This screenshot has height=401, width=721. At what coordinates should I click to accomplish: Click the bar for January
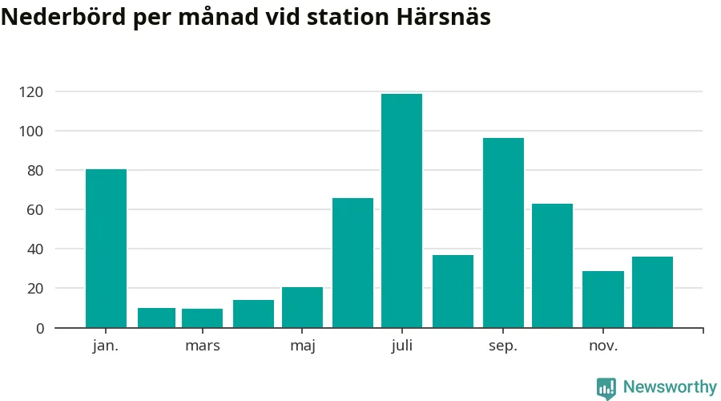coord(106,249)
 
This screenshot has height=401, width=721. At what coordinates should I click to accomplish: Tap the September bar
coord(503,233)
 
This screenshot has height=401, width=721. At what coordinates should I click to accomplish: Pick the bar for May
coord(302,307)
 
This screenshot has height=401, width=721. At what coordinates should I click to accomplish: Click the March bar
coord(202,318)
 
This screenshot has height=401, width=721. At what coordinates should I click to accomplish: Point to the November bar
coord(602,299)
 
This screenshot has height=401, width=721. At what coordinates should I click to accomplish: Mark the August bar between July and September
coord(453,291)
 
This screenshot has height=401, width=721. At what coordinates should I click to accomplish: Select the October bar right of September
coord(552,265)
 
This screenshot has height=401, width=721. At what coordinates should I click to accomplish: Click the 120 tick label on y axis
coord(31,92)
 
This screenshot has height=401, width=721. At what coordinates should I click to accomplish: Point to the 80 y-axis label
coord(34,171)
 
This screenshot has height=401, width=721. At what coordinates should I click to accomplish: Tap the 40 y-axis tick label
coord(34,249)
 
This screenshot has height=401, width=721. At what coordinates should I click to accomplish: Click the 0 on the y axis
coord(38,328)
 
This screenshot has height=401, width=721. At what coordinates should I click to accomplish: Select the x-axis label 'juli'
coord(401,346)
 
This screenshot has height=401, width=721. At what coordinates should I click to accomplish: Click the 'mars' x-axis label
coord(202,346)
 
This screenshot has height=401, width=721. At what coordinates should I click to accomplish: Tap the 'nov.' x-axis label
coord(602,346)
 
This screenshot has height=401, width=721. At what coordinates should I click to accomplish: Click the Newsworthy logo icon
coord(606,388)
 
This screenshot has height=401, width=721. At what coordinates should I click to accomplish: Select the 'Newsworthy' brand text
coord(670,387)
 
